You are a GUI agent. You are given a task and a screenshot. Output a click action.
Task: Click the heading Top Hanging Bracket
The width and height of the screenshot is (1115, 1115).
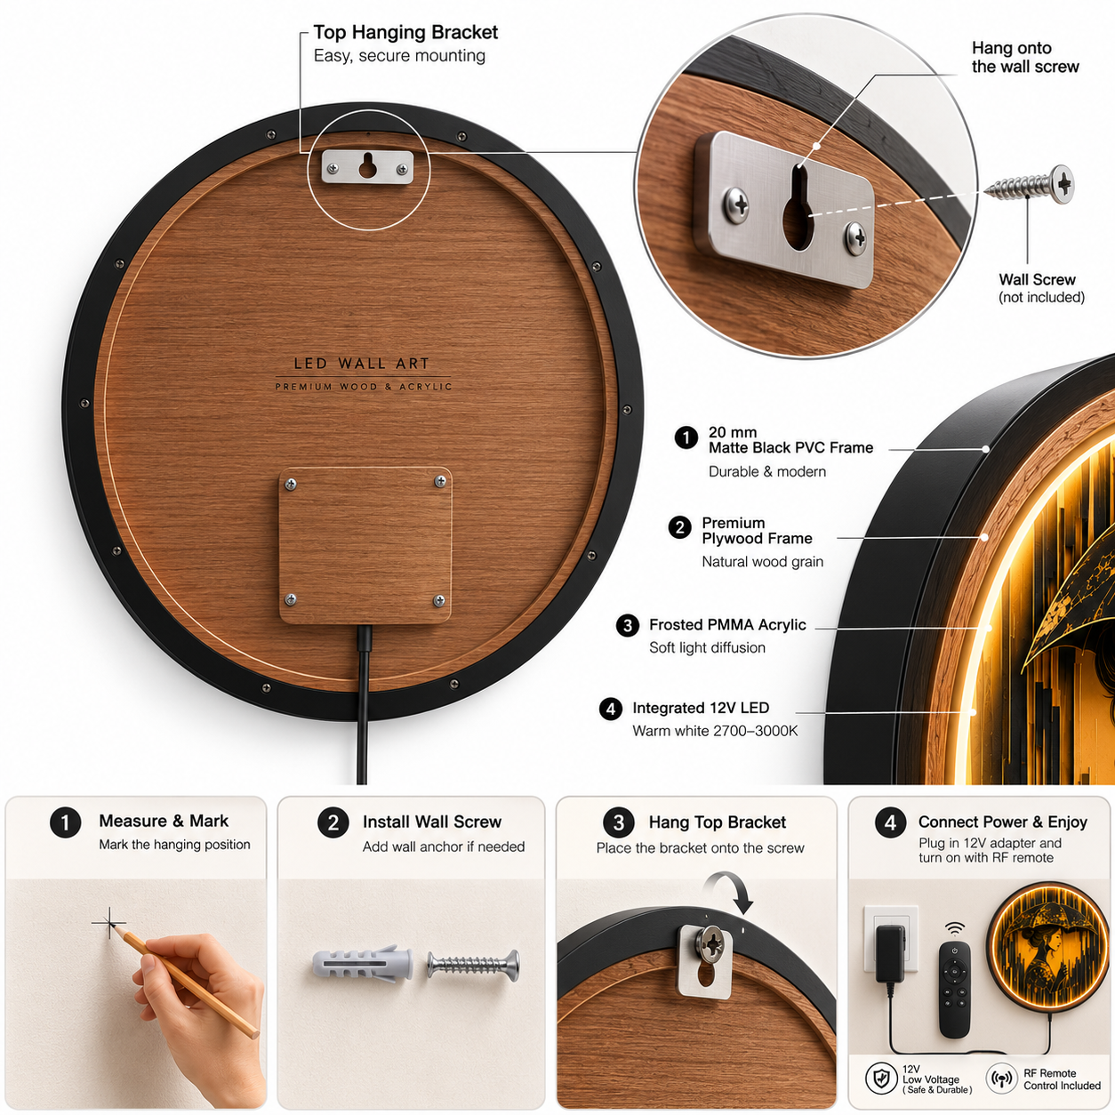click(405, 32)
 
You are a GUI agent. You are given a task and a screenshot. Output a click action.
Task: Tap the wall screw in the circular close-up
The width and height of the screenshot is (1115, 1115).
click(1030, 184)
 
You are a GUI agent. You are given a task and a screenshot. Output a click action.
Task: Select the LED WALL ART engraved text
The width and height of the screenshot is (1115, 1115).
click(362, 364)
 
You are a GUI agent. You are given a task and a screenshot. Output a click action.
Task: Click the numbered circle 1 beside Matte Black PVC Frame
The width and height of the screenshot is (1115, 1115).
click(686, 438)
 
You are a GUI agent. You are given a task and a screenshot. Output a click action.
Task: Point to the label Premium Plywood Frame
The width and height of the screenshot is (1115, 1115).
click(757, 531)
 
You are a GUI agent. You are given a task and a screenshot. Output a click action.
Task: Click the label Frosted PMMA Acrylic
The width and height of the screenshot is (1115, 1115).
click(727, 625)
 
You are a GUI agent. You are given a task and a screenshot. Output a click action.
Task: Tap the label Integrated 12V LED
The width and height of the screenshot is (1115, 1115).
click(701, 708)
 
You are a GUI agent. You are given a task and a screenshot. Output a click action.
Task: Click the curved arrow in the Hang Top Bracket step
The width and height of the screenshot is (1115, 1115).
click(729, 892)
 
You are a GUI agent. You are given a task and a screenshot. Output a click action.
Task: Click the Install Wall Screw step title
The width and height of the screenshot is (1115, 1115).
click(431, 822)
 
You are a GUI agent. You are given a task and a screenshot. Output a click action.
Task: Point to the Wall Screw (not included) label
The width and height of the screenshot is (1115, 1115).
click(1041, 288)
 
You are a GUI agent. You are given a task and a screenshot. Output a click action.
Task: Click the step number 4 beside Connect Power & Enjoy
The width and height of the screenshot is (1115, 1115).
click(891, 822)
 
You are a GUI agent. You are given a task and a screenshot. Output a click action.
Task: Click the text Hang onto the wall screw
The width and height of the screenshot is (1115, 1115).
click(1024, 57)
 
